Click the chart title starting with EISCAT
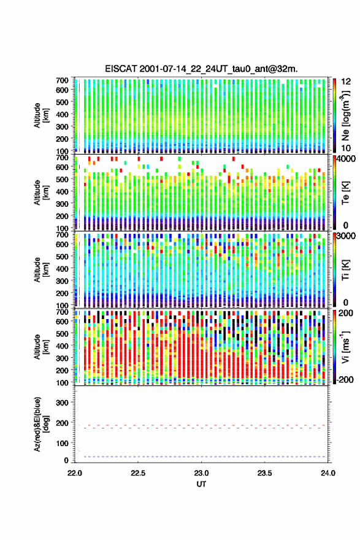point(201,69)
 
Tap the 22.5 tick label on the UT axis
point(138,473)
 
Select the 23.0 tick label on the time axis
point(201,473)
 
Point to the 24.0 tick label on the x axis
point(328,473)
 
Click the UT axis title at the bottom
point(201,484)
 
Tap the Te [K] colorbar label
point(345,193)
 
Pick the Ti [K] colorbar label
point(345,270)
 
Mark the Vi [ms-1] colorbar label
point(345,347)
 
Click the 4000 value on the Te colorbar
point(348,159)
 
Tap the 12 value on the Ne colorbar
point(346,82)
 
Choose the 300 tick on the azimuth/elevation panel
point(63,403)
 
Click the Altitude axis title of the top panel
point(41,115)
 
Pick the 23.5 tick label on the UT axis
point(265,473)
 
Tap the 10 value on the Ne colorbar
point(346,148)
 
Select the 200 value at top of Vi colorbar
point(347,314)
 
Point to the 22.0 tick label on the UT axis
point(75,473)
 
